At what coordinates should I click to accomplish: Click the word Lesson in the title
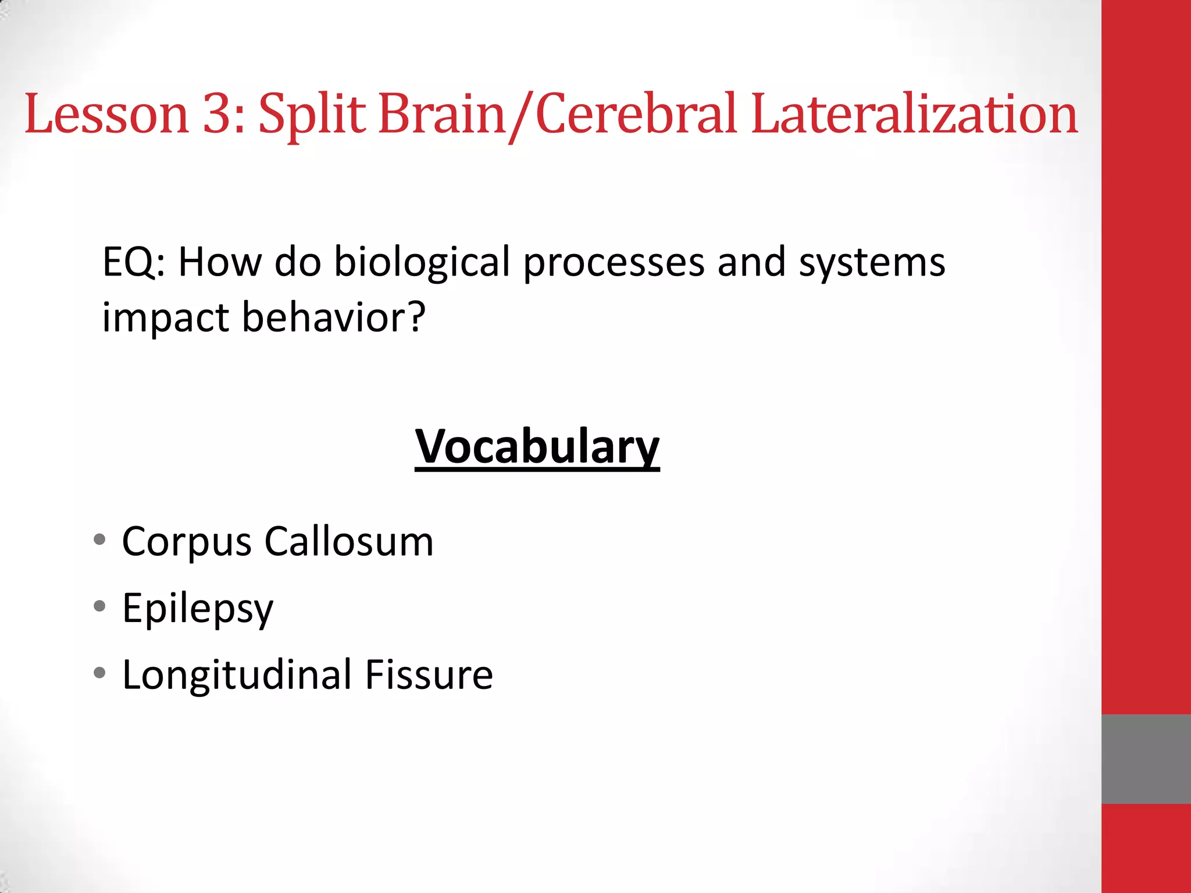point(106,114)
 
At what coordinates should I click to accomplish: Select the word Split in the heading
point(312,114)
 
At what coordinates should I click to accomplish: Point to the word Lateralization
point(914,114)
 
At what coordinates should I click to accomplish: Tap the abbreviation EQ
point(129,262)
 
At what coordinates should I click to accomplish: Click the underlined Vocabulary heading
point(537,446)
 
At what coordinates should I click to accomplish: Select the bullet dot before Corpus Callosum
point(99,540)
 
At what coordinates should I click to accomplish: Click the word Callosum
point(349,541)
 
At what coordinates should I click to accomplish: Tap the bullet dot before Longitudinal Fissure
point(99,673)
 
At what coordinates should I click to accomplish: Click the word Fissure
point(429,674)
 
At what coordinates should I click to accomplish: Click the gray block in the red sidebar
point(1146,759)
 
